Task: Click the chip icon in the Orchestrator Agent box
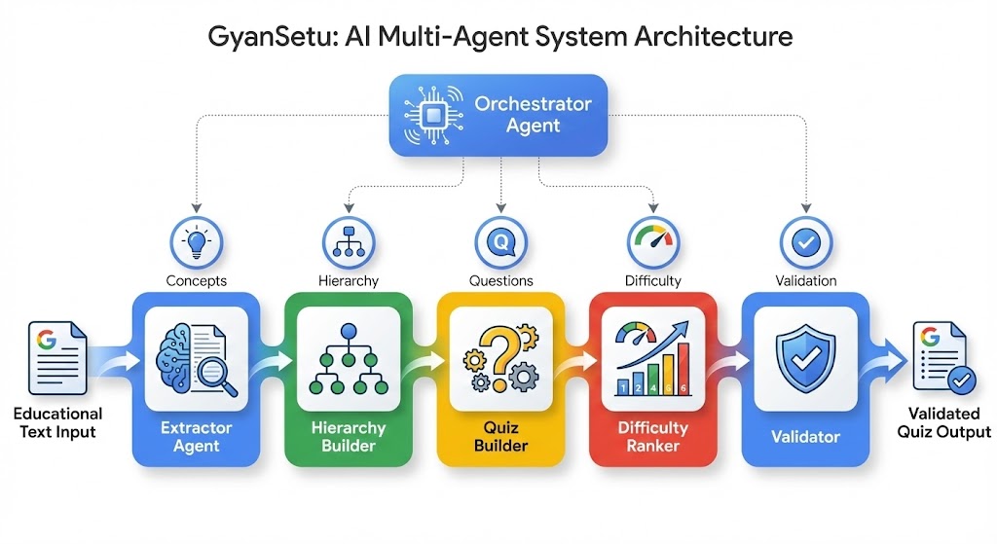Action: tap(431, 116)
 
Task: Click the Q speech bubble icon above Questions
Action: tap(500, 240)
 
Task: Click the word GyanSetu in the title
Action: tap(260, 38)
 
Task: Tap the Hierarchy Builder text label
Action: tap(348, 436)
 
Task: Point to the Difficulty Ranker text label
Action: tap(652, 436)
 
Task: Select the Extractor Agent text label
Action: tap(197, 436)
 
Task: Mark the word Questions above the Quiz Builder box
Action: tap(500, 280)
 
